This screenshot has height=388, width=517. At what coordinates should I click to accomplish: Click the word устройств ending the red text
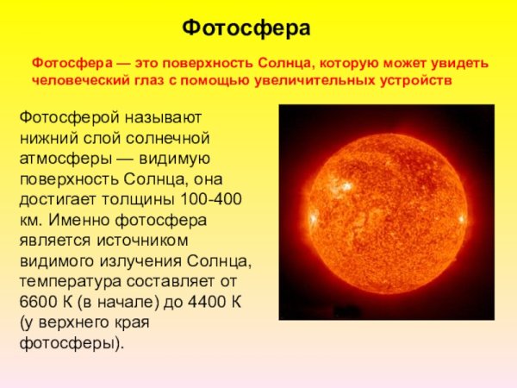[414, 79]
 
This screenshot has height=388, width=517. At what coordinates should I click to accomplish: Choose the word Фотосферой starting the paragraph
[63, 116]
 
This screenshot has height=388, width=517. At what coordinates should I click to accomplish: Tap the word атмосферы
[60, 158]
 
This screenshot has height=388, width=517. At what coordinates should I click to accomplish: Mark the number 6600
[36, 302]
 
